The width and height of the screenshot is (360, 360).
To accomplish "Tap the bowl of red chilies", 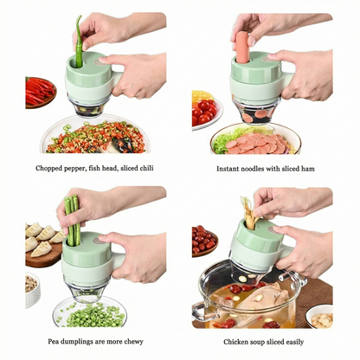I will point(40,90).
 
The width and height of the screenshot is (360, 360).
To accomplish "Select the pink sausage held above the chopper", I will point(242,48).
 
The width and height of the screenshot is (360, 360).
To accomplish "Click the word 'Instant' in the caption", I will point(230,169).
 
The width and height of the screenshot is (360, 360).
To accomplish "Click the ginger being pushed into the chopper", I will point(249,213).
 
